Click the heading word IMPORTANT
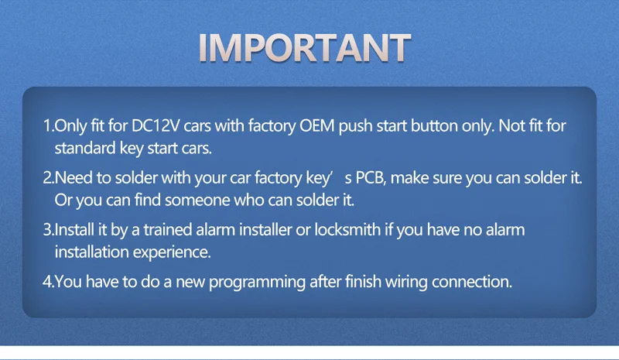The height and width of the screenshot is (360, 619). (x=305, y=47)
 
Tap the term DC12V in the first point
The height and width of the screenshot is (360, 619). (x=156, y=125)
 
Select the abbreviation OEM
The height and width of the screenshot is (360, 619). (x=317, y=125)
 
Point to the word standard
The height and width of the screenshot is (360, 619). (x=85, y=148)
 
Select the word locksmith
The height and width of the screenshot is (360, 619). (x=347, y=230)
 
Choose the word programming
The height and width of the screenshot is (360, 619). (x=257, y=282)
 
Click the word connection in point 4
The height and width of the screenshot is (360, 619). (x=472, y=282)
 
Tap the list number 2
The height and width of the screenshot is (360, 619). (x=48, y=178)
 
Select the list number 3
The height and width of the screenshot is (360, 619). (x=48, y=230)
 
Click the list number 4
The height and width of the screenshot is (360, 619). (x=48, y=282)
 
